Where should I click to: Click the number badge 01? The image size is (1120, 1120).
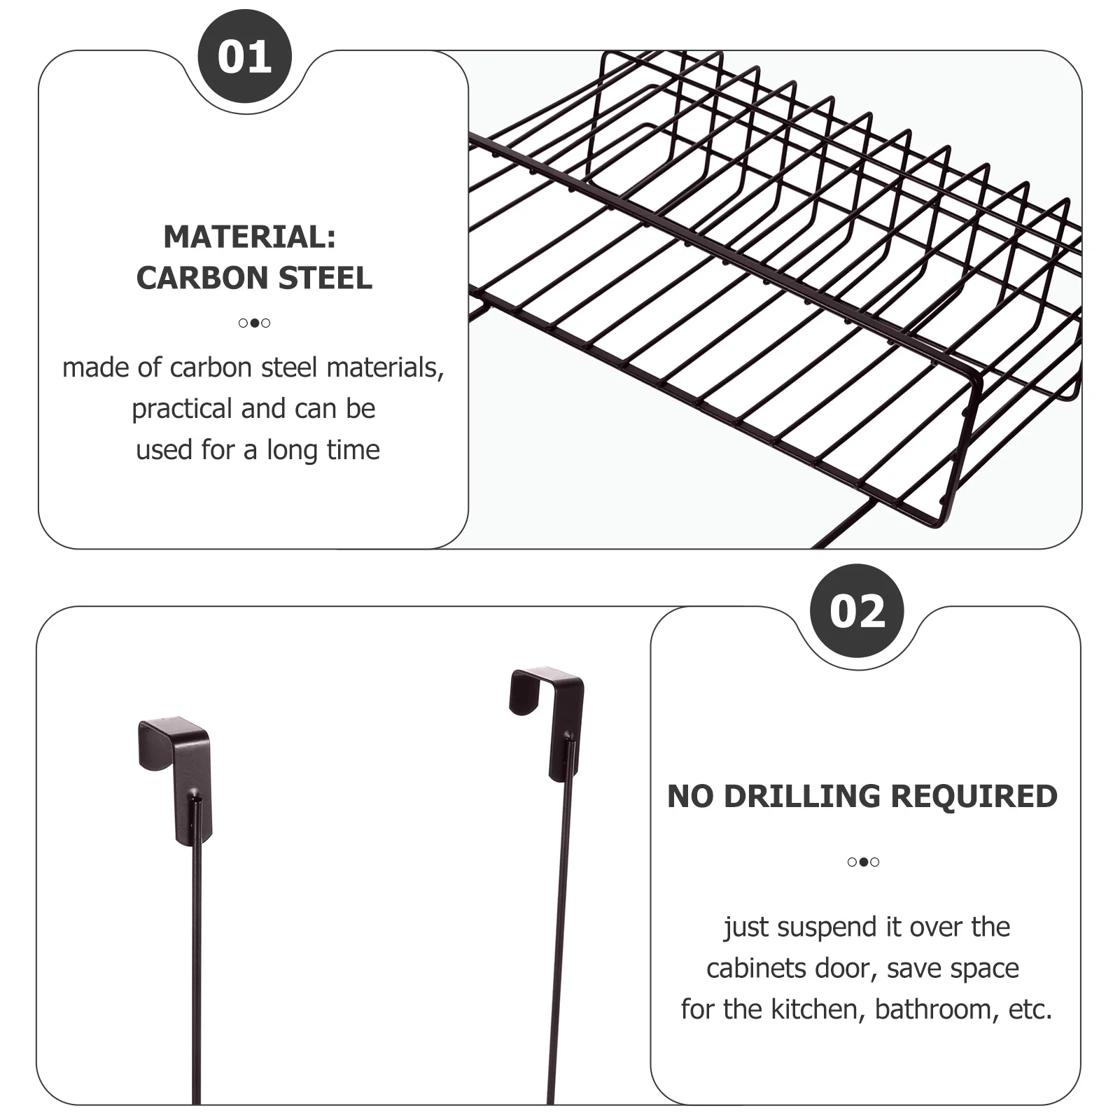pyautogui.click(x=244, y=57)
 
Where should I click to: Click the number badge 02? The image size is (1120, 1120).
pyautogui.click(x=857, y=611)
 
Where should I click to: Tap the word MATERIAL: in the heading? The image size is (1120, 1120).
pyautogui.click(x=250, y=237)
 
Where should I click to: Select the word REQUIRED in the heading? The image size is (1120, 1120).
pyautogui.click(x=974, y=797)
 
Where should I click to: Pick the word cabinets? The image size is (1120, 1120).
pyautogui.click(x=747, y=969)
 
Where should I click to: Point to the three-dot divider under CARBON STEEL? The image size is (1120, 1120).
pyautogui.click(x=254, y=323)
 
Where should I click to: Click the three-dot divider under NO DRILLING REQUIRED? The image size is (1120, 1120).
pyautogui.click(x=863, y=862)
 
